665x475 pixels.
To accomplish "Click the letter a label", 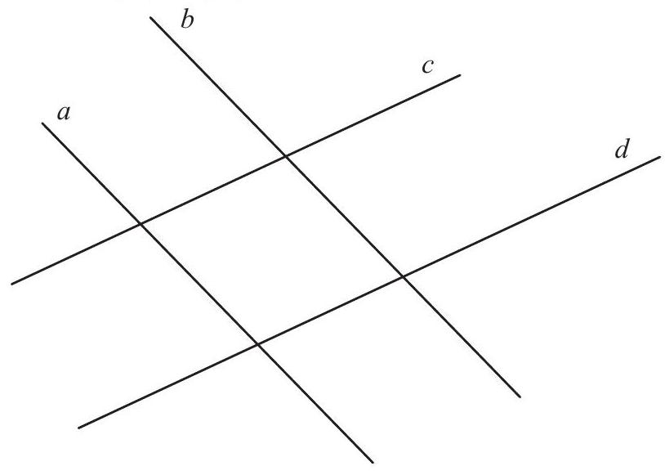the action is [x=64, y=113].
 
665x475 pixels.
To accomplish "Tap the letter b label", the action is [x=187, y=20].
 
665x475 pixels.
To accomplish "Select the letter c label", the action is [x=428, y=67].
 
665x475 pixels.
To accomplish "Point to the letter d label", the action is [x=622, y=149].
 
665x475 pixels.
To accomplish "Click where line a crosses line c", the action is [x=141, y=223].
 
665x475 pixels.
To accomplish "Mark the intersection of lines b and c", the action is [x=286, y=157].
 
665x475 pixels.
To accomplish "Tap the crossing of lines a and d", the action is [x=258, y=344].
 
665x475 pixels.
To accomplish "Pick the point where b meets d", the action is [x=403, y=277].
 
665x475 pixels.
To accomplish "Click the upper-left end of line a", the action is [x=42, y=123].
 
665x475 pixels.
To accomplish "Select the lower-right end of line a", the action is [x=373, y=462].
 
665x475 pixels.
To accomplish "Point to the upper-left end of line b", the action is [x=150, y=18].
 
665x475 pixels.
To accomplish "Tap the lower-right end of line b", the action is [x=520, y=397].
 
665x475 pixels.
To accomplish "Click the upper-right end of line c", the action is [x=460, y=75].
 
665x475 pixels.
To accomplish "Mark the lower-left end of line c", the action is [x=12, y=284].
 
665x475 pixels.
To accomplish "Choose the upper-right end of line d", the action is [x=660, y=157].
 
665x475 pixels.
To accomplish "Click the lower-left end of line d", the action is [x=79, y=428].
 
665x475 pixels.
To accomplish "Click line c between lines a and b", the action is [x=213, y=190].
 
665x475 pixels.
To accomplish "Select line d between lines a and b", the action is [x=330, y=311].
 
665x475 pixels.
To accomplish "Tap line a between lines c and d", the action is [x=199, y=284].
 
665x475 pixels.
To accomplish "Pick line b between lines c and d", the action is [x=345, y=217].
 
